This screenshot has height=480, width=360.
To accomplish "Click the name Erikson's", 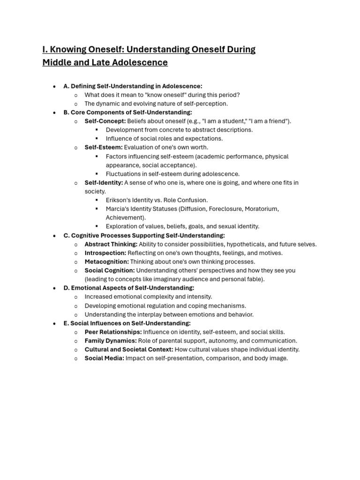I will pyautogui.click(x=119, y=200).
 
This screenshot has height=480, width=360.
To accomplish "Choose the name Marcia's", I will pyautogui.click(x=118, y=209).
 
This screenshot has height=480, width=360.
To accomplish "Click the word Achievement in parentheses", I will pyautogui.click(x=124, y=217).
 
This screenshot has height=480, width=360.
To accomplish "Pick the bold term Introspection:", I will pyautogui.click(x=105, y=253).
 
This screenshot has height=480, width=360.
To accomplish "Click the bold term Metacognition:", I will pyautogui.click(x=106, y=262).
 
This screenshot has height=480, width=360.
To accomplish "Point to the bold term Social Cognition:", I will pyautogui.click(x=110, y=270).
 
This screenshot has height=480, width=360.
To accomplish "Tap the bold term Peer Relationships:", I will pyautogui.click(x=113, y=332).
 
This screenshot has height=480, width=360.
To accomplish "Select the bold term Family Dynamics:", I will pyautogui.click(x=111, y=341).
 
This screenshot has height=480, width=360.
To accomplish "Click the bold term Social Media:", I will pyautogui.click(x=104, y=358).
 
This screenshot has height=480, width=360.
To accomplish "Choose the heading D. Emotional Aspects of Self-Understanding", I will pyautogui.click(x=129, y=288).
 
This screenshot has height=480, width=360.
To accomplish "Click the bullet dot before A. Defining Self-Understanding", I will pyautogui.click(x=55, y=86).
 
